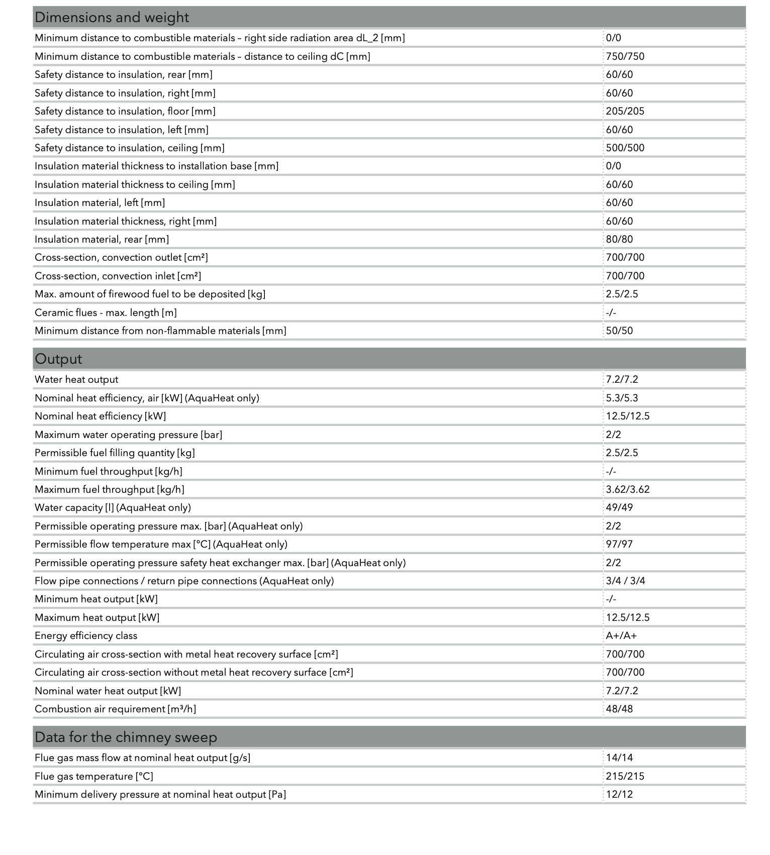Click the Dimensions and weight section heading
click(112, 18)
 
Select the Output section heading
click(58, 359)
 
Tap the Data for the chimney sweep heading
click(126, 737)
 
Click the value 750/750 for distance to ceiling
click(625, 56)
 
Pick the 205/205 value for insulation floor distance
click(625, 111)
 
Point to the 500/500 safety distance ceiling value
click(625, 148)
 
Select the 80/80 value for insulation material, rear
click(619, 239)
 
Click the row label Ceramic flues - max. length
click(106, 312)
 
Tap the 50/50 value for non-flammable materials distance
click(619, 331)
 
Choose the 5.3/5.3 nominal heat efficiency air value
click(622, 398)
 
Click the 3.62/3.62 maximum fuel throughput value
click(627, 489)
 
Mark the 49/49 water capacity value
click(619, 507)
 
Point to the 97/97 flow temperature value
click(619, 544)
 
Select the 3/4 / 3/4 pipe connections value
click(625, 581)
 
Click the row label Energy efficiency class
click(86, 635)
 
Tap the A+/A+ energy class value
click(621, 635)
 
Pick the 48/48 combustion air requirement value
click(619, 709)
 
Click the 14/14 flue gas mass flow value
click(619, 758)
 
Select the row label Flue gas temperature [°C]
click(94, 776)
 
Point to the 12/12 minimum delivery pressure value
click(619, 794)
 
